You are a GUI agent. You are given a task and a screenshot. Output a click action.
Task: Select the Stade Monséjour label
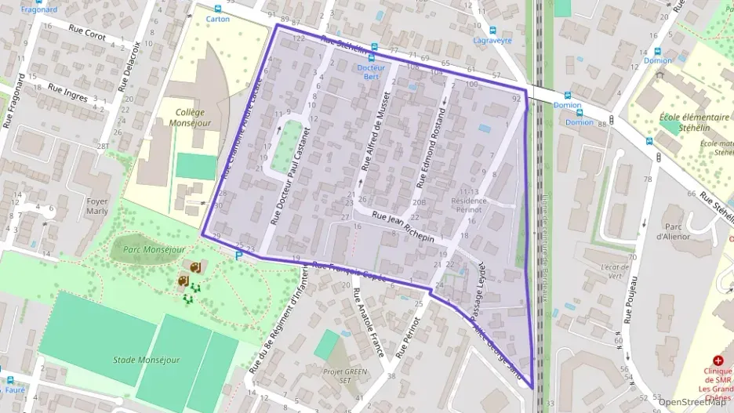146,360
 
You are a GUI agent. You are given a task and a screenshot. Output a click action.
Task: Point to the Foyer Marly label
96,205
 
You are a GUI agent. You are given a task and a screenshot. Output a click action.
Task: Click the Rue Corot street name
87,31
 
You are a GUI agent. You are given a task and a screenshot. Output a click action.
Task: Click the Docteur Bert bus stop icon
373,56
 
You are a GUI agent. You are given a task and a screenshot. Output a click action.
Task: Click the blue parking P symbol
238,255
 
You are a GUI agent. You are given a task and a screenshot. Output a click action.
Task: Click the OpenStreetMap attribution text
692,402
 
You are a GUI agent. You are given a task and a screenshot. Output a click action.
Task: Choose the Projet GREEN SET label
345,376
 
